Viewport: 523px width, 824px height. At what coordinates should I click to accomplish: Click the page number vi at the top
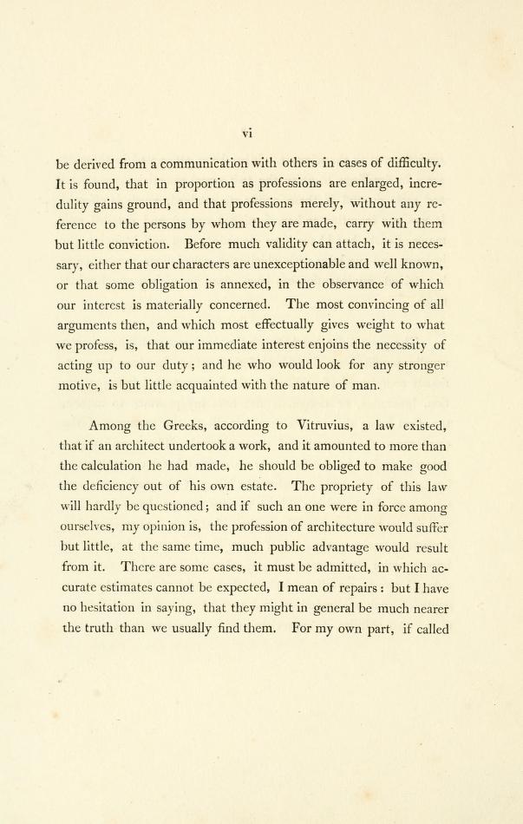246,133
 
